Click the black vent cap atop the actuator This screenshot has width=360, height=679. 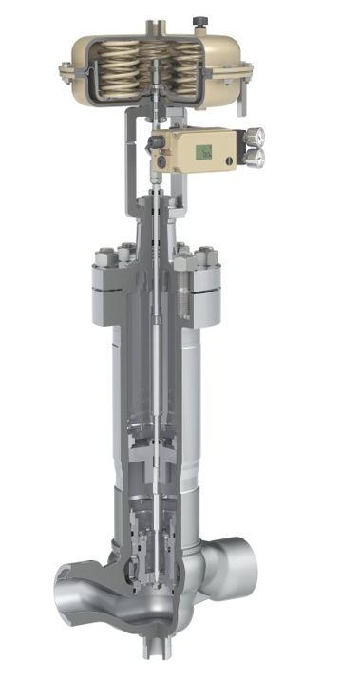(x=199, y=19)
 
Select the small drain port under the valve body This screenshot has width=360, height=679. (x=154, y=647)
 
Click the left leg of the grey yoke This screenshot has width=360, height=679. (x=127, y=171)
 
